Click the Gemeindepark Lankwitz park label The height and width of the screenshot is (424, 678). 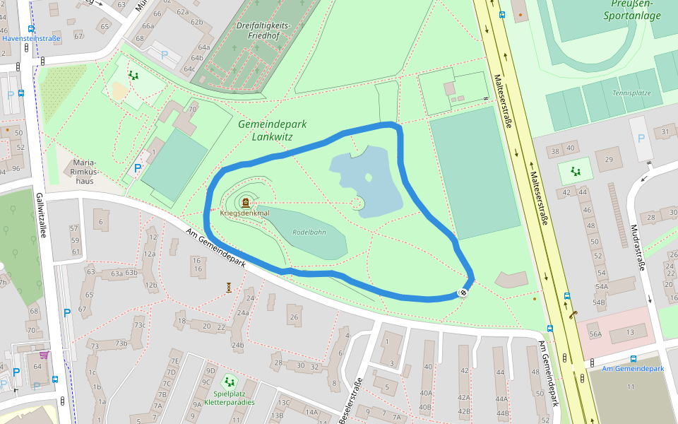pyautogui.click(x=272, y=130)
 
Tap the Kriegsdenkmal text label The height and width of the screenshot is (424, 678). pyautogui.click(x=244, y=213)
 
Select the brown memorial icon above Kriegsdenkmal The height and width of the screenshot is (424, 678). pyautogui.click(x=245, y=203)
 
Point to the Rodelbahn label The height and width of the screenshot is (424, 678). pyautogui.click(x=309, y=232)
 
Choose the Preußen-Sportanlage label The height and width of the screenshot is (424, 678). pyautogui.click(x=633, y=10)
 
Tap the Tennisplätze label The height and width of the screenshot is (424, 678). pyautogui.click(x=631, y=93)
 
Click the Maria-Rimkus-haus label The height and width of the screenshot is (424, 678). pyautogui.click(x=83, y=172)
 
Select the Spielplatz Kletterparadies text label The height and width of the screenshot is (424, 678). pyautogui.click(x=229, y=397)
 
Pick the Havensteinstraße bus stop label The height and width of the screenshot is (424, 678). pyautogui.click(x=31, y=38)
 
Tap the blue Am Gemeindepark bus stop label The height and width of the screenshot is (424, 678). pyautogui.click(x=633, y=369)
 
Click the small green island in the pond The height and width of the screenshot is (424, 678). pyautogui.click(x=368, y=177)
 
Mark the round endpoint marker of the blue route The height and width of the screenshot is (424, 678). pyautogui.click(x=463, y=292)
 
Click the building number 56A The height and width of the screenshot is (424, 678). pyautogui.click(x=595, y=334)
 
